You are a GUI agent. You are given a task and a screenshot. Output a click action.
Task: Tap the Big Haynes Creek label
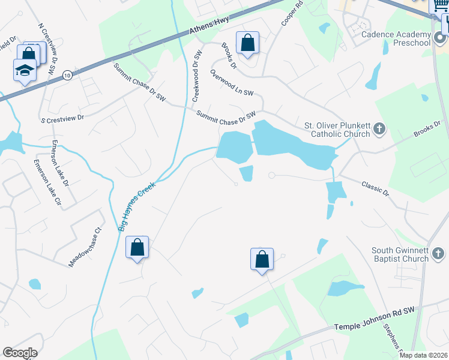click(137, 206)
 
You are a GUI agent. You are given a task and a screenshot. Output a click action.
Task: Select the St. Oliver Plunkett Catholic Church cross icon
click(379, 128)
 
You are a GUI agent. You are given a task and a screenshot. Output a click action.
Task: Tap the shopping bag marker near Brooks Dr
click(247, 43)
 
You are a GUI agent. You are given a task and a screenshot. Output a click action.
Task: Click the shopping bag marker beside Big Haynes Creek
click(137, 247)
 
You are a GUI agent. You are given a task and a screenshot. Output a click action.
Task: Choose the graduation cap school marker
click(25, 70)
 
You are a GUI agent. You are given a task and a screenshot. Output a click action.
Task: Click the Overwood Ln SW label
click(232, 83)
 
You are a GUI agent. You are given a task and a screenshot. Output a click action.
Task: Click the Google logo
click(20, 353)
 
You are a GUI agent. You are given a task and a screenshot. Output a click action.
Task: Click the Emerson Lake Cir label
click(47, 182)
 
